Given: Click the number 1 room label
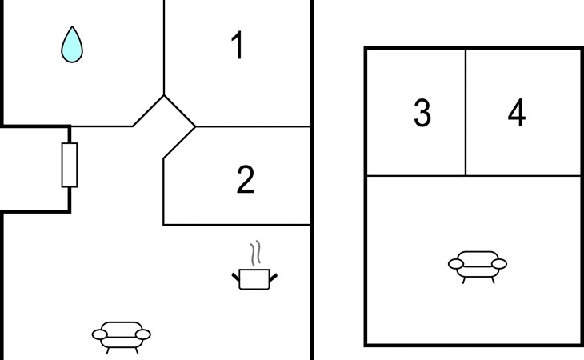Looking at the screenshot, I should coord(237,46).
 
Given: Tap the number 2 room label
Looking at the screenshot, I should coord(246,181).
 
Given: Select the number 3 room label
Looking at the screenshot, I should coord(422,114).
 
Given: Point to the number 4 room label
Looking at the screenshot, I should coord(517,114).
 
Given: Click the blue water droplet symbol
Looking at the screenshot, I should coord(72,45).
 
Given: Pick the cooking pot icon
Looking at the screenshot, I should coord(255,278).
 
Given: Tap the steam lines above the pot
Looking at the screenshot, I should coord(255,254).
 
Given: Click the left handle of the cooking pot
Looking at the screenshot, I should coord(237,277).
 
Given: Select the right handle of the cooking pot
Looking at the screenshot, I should coord(274,277).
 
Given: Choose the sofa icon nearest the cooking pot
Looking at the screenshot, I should coord(122,336).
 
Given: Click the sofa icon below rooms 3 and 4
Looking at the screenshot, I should coord(478,265).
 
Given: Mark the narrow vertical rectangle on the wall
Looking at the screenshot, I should coord(70,165).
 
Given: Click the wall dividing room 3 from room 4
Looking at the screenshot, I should coord(466,112).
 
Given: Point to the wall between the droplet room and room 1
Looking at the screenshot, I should coord(164,48).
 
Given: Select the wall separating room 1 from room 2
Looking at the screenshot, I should coord(252,126).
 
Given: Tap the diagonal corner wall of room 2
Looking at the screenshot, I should coord(179,142).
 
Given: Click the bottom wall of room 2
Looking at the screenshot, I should coord(236,225).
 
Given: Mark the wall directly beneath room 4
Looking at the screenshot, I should coord(523,175).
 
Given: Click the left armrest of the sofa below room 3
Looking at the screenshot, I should coord(456,263).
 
